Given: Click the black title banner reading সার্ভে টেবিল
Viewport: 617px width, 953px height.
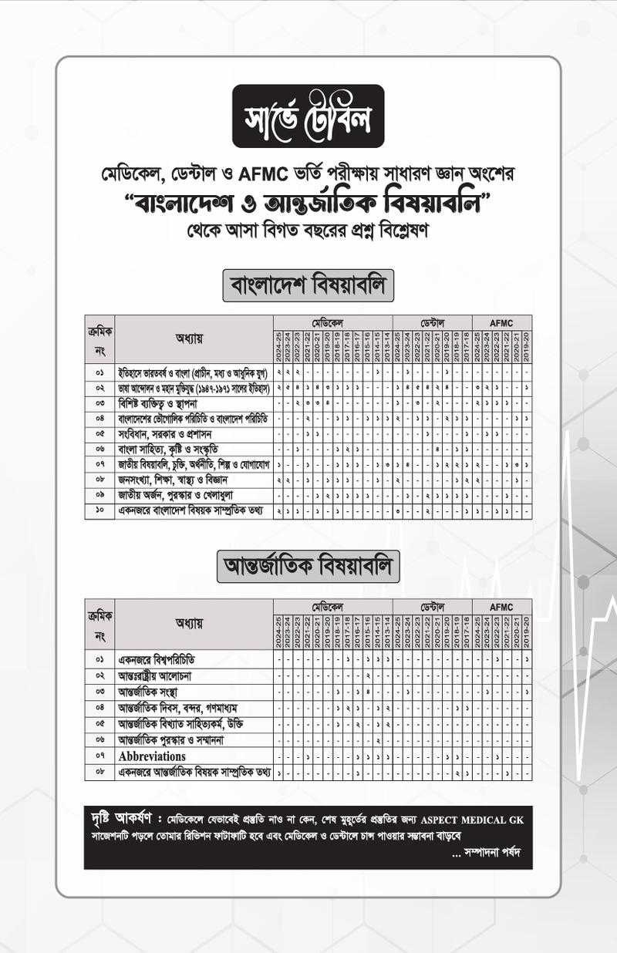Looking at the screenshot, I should pyautogui.click(x=308, y=116).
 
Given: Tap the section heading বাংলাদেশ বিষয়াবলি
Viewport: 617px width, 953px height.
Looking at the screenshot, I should pyautogui.click(x=308, y=285).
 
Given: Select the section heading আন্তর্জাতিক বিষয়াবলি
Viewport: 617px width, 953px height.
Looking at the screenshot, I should pyautogui.click(x=308, y=566).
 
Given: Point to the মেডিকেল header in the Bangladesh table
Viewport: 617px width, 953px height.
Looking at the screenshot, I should pyautogui.click(x=332, y=322).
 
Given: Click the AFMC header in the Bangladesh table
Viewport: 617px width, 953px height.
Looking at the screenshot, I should pyautogui.click(x=501, y=322).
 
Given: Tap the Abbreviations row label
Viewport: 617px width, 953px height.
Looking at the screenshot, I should pyautogui.click(x=152, y=756).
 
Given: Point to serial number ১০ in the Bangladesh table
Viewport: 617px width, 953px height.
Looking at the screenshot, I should pyautogui.click(x=99, y=511).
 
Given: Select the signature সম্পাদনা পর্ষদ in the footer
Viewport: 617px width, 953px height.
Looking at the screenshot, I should pyautogui.click(x=490, y=853).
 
